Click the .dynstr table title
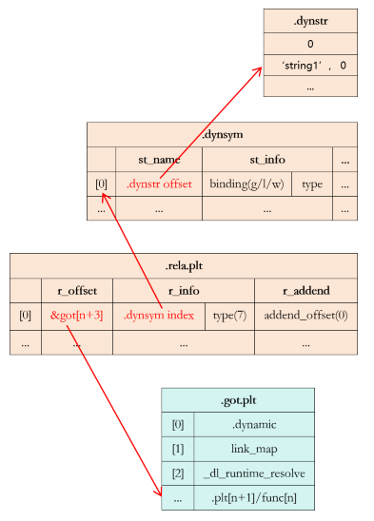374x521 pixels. (x=310, y=20)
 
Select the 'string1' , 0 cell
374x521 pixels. (x=310, y=65)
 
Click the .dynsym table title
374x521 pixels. (x=222, y=134)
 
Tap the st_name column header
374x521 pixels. (x=158, y=159)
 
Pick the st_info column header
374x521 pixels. (x=266, y=159)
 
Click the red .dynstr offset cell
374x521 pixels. (x=158, y=183)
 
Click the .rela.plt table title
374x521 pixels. (x=183, y=265)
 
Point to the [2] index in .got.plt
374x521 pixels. (x=177, y=472)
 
